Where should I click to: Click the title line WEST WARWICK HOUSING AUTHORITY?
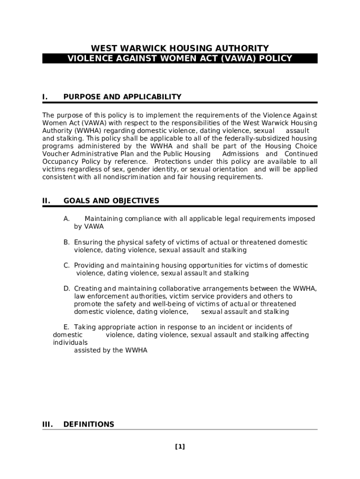click(x=180, y=48)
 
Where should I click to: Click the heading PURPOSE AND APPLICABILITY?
click(x=122, y=97)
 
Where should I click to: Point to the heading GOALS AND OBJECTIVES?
click(x=111, y=201)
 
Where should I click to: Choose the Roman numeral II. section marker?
click(x=46, y=201)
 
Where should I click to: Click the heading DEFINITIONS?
click(x=89, y=424)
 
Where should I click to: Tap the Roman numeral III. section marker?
click(x=47, y=424)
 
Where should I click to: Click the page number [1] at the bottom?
click(x=180, y=447)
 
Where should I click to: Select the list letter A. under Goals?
click(x=67, y=219)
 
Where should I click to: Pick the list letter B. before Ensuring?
click(x=67, y=242)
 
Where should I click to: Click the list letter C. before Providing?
click(x=67, y=265)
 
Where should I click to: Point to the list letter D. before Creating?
click(x=67, y=289)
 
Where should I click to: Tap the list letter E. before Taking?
click(x=66, y=327)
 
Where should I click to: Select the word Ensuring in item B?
click(x=88, y=242)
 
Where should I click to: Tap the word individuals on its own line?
click(x=70, y=342)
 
